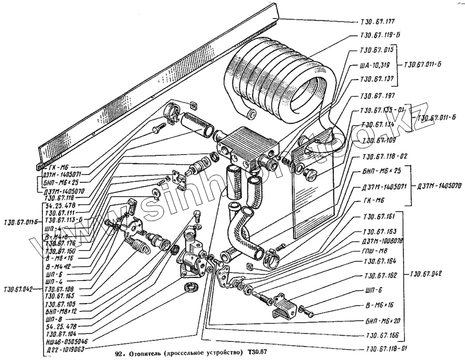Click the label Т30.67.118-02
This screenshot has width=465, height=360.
384,156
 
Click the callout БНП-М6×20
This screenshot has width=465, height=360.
382,320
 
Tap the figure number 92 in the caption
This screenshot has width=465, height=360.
119,354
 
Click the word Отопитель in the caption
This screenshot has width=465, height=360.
144,354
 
